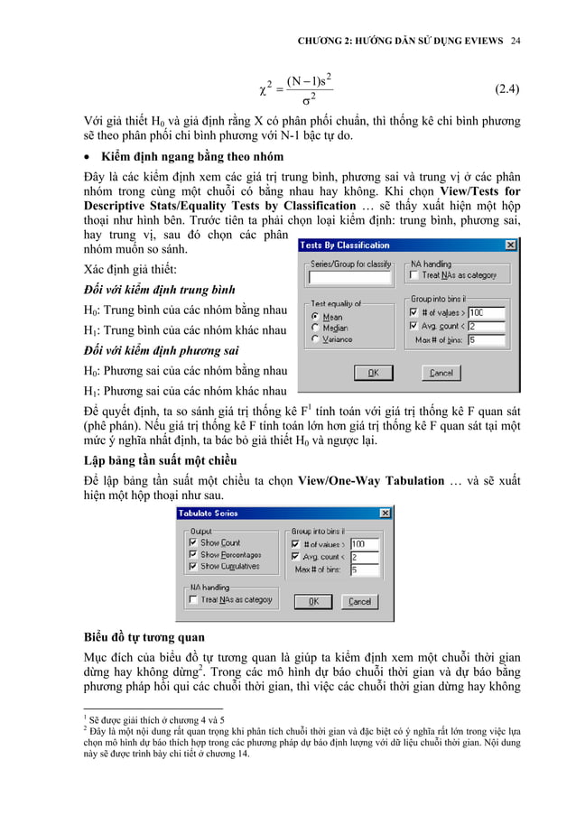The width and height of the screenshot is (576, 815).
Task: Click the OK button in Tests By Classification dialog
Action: (373, 372)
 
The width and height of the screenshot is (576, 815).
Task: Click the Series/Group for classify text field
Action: (348, 278)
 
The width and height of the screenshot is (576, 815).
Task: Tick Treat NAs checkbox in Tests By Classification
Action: (414, 274)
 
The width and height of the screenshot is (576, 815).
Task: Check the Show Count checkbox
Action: (193, 542)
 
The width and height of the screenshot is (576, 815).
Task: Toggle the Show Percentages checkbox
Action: (193, 554)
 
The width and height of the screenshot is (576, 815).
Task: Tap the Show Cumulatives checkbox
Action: (193, 566)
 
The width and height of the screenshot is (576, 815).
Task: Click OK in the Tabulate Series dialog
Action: (313, 600)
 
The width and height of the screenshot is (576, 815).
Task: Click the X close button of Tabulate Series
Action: (385, 514)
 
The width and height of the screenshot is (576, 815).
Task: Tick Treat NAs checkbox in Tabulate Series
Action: (193, 598)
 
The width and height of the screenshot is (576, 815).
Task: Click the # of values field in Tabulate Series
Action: (366, 543)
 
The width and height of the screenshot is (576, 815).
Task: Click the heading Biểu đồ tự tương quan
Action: (144, 636)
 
